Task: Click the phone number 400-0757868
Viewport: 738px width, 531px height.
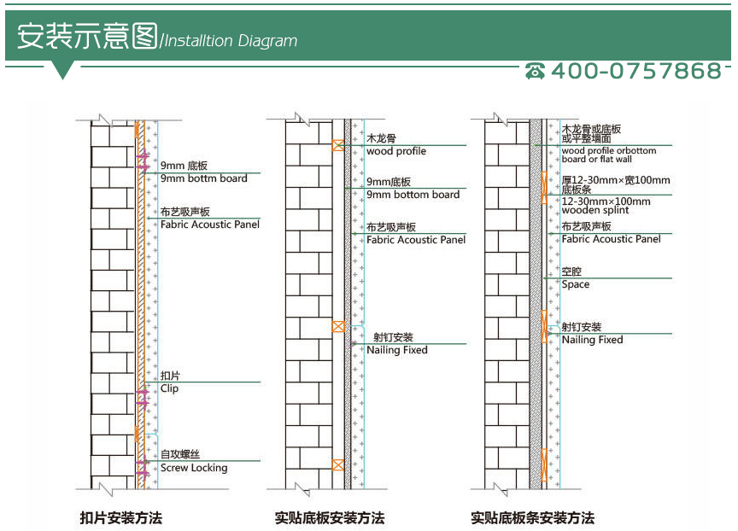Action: pos(635,71)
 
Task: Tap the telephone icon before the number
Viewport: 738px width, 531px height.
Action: pos(536,72)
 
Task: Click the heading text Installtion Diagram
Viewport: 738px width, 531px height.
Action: pos(231,41)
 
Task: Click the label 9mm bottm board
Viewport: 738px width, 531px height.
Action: pos(204,178)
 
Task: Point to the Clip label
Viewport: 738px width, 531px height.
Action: pos(170,388)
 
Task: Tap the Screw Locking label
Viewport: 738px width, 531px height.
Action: pos(194,468)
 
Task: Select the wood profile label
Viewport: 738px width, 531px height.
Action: pos(396,151)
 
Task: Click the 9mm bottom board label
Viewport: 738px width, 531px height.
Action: pos(413,195)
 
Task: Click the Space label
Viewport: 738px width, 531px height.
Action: pos(575,284)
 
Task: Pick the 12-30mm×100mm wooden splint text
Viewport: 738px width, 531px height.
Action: pos(606,206)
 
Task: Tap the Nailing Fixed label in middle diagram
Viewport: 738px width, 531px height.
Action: pos(397,350)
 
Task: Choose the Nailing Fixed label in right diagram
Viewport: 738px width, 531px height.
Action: pos(592,340)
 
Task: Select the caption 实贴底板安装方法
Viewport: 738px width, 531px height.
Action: pos(330,517)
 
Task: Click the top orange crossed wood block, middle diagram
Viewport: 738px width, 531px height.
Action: pos(338,145)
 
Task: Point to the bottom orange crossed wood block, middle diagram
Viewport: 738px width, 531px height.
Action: pos(338,465)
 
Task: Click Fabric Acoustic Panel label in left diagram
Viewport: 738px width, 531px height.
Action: pos(210,225)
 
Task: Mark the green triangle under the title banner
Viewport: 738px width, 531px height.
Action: pos(62,71)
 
